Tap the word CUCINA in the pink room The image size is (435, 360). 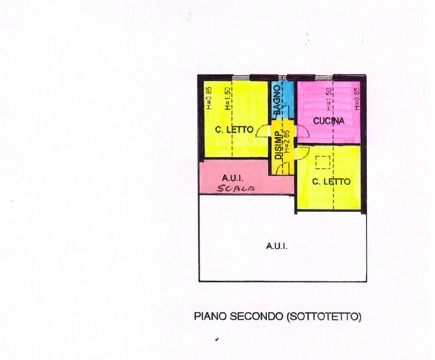coord(329,121)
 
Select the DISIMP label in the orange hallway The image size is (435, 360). coord(278,144)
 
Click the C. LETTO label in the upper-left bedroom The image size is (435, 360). coord(234,129)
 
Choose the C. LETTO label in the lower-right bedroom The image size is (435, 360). coord(331,182)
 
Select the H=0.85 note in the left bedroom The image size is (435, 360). coord(209,98)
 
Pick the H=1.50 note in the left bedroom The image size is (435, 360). coord(228,98)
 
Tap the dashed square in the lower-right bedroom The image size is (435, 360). coord(322,163)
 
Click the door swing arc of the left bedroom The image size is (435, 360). coord(263,132)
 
